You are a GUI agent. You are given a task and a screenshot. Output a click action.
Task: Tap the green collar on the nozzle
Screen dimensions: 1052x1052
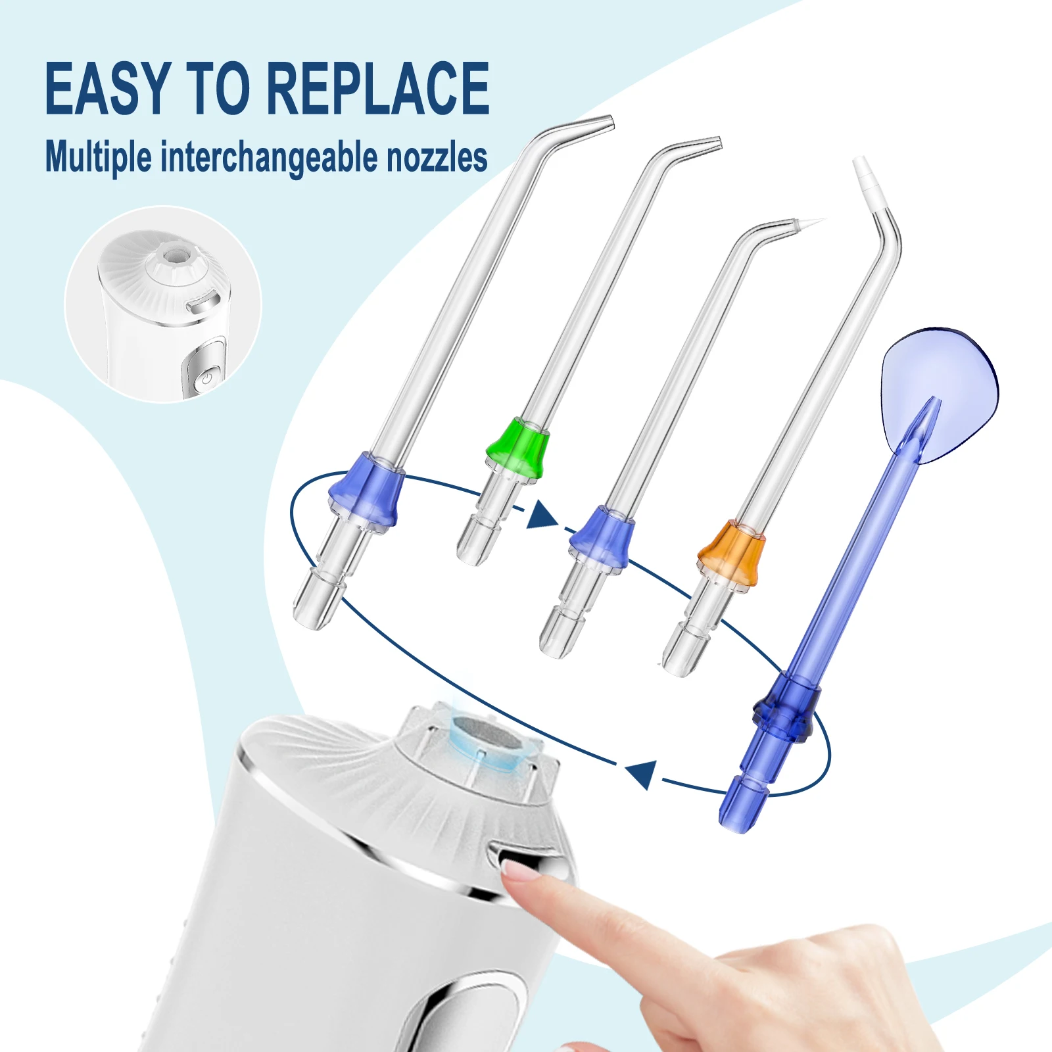coord(518,446)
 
